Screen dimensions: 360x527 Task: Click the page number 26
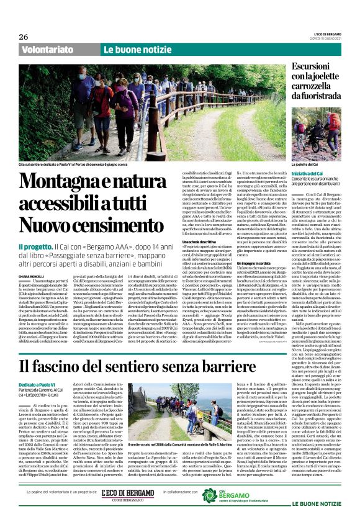coord(24,37)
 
